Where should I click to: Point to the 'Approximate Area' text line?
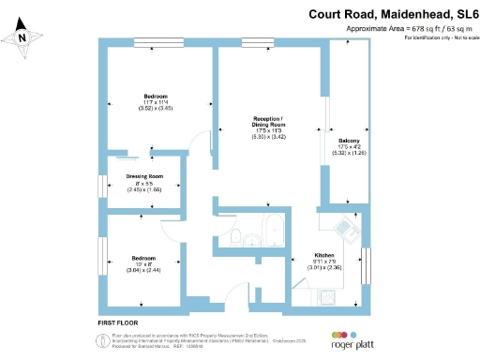[x=408, y=29]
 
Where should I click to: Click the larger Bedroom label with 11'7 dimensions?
[x=156, y=97]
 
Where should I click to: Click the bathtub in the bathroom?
[x=273, y=230]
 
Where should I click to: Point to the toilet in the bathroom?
[x=238, y=235]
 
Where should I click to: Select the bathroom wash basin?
[x=253, y=240]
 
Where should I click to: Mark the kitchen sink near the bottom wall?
[x=330, y=297]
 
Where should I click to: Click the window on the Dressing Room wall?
[x=102, y=185]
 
